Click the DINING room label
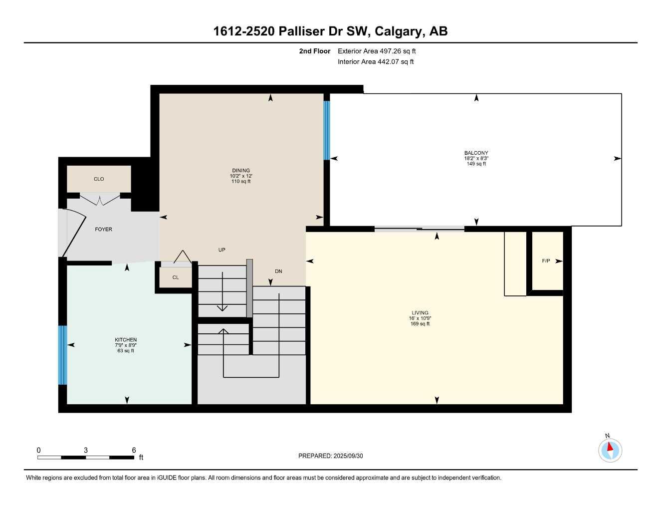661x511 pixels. click(240, 171)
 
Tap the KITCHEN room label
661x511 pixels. click(125, 340)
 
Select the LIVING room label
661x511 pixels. click(420, 313)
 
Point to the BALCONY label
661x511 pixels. click(476, 153)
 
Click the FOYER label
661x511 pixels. click(103, 230)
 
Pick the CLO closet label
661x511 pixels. click(99, 179)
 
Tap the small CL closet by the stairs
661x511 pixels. click(175, 277)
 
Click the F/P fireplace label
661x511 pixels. click(546, 261)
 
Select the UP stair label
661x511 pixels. click(222, 250)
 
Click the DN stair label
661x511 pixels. click(278, 271)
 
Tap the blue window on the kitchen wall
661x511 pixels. click(62, 355)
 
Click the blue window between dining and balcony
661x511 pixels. click(327, 130)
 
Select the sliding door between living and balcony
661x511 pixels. click(419, 229)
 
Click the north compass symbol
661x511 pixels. click(610, 450)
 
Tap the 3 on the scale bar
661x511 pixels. click(86, 450)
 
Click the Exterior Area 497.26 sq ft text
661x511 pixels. click(377, 51)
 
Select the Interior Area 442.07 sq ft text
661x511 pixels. click(376, 62)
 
